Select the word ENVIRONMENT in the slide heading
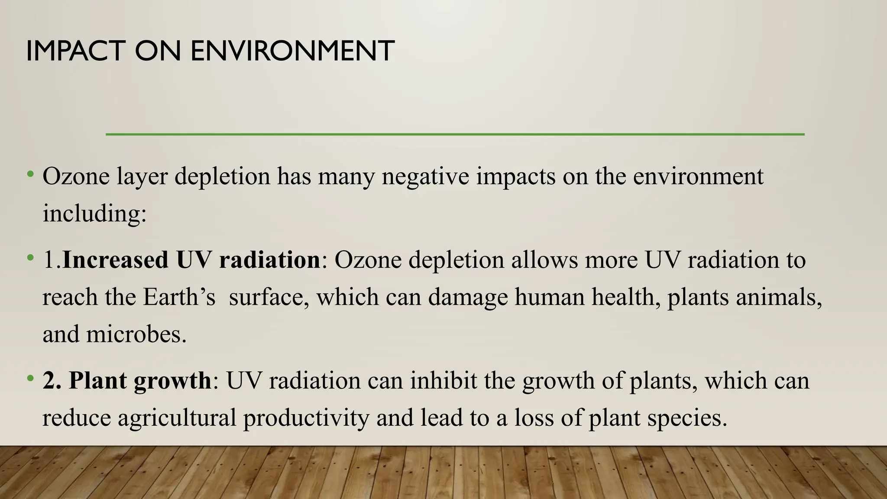pyautogui.click(x=292, y=51)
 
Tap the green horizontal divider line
pyautogui.click(x=455, y=134)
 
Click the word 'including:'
pyautogui.click(x=94, y=214)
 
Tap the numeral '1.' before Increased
pyautogui.click(x=52, y=260)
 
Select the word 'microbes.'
pyautogui.click(x=136, y=334)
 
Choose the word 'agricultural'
pyautogui.click(x=177, y=418)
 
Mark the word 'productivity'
pyautogui.click(x=306, y=418)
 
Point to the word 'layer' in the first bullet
pyautogui.click(x=141, y=177)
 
